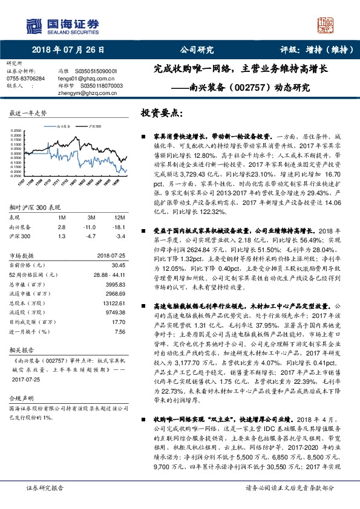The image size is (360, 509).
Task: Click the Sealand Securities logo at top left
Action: [53, 24]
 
